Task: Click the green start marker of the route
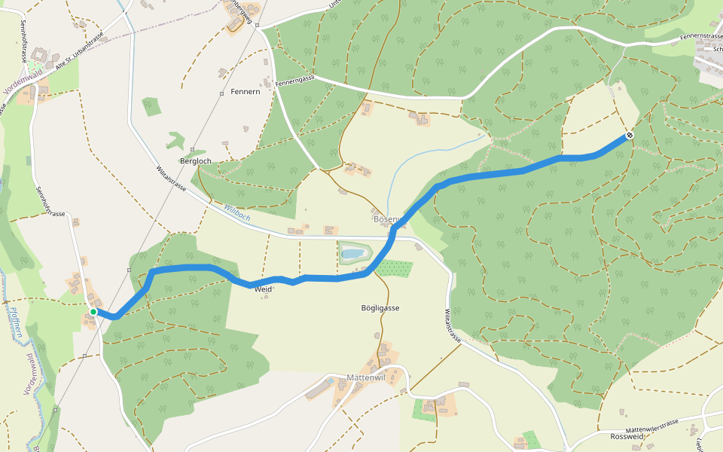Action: (x=93, y=311)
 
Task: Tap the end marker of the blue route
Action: (x=629, y=136)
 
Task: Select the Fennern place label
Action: (x=246, y=91)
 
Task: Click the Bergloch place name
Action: (x=195, y=160)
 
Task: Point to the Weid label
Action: (x=263, y=289)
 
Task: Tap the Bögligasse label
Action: (x=380, y=308)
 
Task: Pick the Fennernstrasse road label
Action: (x=700, y=36)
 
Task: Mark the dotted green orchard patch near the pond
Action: (x=395, y=267)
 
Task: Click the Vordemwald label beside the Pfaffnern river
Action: (x=32, y=373)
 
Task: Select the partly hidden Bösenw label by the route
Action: (x=389, y=219)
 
